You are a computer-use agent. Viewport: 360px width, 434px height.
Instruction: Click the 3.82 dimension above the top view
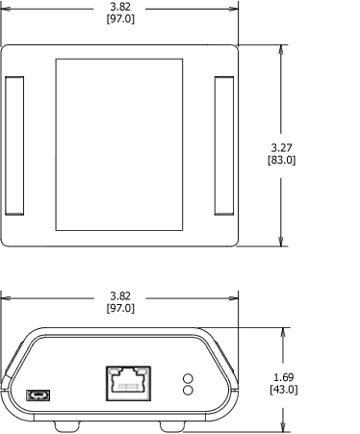point(120,7)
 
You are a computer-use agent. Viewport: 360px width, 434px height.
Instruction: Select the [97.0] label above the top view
point(120,19)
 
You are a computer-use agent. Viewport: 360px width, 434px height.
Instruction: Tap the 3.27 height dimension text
point(281,147)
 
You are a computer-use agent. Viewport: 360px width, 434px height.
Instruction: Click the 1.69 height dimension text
point(283,376)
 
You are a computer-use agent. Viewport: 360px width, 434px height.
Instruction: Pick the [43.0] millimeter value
point(283,389)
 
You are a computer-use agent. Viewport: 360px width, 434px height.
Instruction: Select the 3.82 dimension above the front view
point(120,295)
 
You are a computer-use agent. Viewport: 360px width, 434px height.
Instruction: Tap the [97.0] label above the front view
point(120,308)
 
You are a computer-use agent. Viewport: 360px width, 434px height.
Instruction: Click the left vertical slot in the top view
point(15,145)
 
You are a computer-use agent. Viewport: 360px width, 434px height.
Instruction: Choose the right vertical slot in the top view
point(223,145)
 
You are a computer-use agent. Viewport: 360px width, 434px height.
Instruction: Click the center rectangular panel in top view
point(119,145)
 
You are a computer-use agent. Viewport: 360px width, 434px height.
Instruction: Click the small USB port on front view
point(39,395)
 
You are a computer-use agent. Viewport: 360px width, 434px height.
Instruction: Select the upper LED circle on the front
point(188,378)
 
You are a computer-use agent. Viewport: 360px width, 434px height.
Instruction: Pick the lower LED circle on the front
point(188,391)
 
